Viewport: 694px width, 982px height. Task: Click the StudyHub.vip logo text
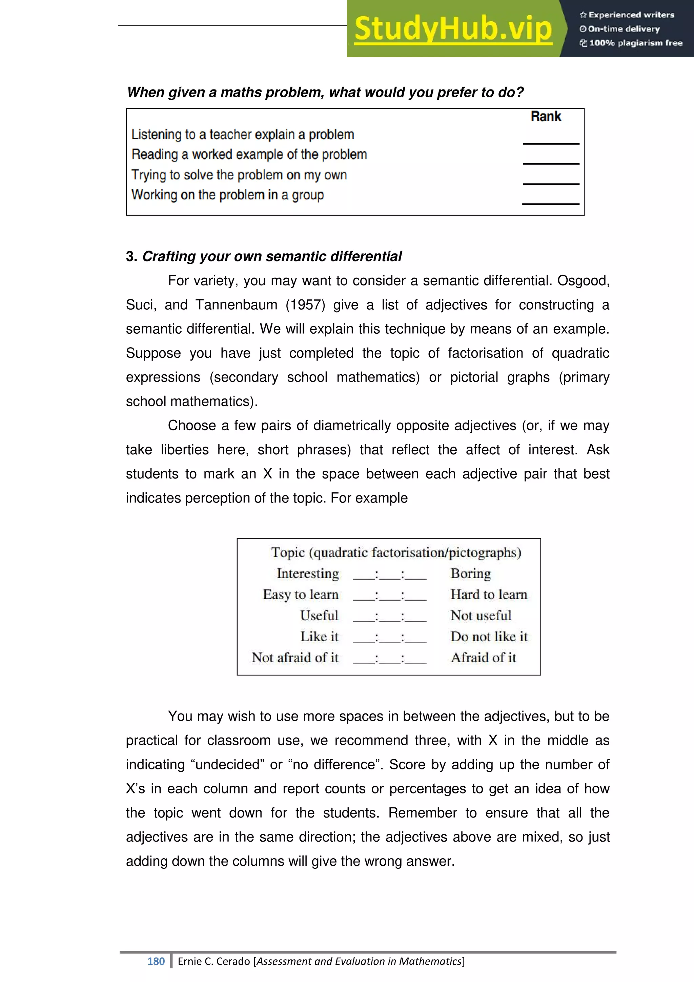(x=453, y=29)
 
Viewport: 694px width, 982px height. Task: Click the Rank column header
(x=546, y=116)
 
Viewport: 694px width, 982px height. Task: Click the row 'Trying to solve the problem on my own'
(x=239, y=175)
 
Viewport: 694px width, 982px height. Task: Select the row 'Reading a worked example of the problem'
(x=249, y=154)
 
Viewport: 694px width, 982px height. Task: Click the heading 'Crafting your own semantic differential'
(x=272, y=256)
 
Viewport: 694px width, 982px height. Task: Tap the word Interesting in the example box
(x=308, y=573)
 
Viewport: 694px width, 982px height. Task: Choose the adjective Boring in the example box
(x=470, y=573)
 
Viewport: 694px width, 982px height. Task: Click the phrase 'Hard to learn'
(x=489, y=594)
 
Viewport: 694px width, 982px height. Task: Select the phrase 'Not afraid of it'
(x=295, y=657)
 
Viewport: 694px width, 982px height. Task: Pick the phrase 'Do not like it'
(x=489, y=636)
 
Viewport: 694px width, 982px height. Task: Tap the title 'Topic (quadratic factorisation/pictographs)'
(x=396, y=553)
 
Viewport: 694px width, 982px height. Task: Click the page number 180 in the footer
(x=156, y=961)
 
